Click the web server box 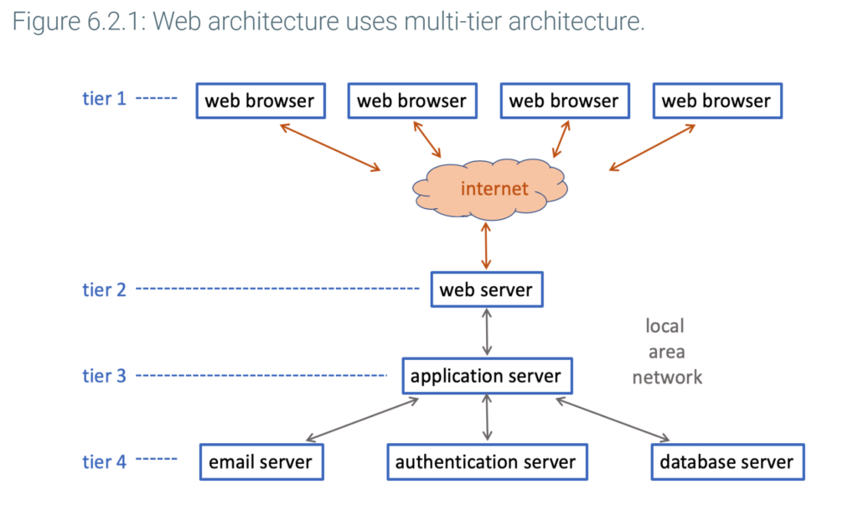coord(487,289)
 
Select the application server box coord(487,376)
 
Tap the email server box coord(261,461)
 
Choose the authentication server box coord(487,461)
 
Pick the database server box coord(727,461)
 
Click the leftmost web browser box coord(261,101)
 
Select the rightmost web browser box coord(717,101)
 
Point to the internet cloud coord(489,189)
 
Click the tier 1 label coord(104,98)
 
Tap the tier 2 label coord(104,289)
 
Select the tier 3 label coord(104,376)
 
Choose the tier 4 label coord(104,461)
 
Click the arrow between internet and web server coord(486,246)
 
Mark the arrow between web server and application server coord(487,332)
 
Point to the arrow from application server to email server coord(362,420)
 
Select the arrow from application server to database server coord(612,420)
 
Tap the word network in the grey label coord(667,378)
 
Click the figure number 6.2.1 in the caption coord(114,22)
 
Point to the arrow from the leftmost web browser coord(330,148)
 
